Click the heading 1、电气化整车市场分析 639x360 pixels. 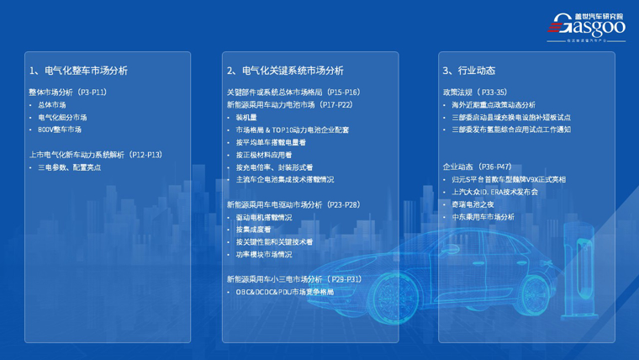pyautogui.click(x=78, y=71)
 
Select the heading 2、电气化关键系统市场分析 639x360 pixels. pyautogui.click(x=285, y=71)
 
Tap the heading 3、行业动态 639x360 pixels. pyautogui.click(x=468, y=71)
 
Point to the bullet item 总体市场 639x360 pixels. pyautogui.click(x=52, y=105)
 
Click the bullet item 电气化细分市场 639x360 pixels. pyautogui.click(x=62, y=118)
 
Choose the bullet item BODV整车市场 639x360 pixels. pyautogui.click(x=60, y=130)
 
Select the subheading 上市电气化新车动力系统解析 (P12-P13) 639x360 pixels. pyautogui.click(x=95, y=155)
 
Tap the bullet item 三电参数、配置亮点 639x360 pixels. pyautogui.click(x=70, y=167)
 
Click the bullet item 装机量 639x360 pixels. pyautogui.click(x=246, y=118)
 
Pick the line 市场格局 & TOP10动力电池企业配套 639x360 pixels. pyautogui.click(x=292, y=130)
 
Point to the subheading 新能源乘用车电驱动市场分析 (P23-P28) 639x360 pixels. pyautogui.click(x=293, y=204)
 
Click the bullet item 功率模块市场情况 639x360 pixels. pyautogui.click(x=264, y=254)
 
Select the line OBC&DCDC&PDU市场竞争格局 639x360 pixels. pyautogui.click(x=284, y=292)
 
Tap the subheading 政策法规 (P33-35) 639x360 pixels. pyautogui.click(x=474, y=93)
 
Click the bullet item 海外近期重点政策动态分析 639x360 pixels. pyautogui.click(x=493, y=105)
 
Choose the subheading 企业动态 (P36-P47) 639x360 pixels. pyautogui.click(x=477, y=167)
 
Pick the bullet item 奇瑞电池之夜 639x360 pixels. pyautogui.click(x=473, y=204)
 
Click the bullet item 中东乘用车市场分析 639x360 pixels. pyautogui.click(x=483, y=217)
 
